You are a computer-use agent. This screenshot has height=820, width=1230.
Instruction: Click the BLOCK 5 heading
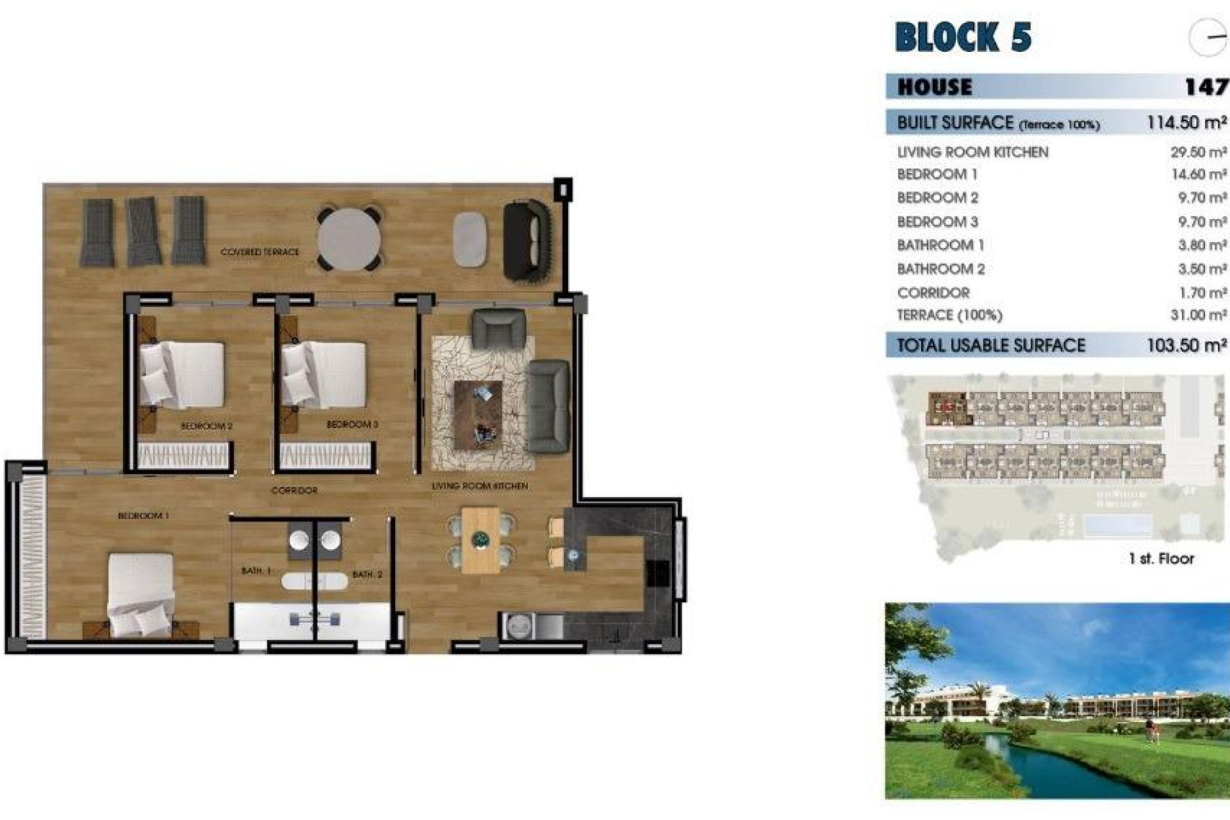point(963,37)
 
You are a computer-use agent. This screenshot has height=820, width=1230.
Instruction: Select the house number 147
point(1206,86)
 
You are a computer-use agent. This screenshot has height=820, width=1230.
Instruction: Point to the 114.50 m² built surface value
point(1186,122)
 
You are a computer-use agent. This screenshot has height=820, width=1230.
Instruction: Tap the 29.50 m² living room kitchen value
point(1198,152)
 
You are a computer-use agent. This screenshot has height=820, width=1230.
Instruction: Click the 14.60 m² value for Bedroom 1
point(1198,174)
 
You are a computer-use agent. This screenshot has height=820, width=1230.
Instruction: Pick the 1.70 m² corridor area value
point(1202,293)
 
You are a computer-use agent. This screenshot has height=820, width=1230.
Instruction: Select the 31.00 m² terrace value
point(1198,315)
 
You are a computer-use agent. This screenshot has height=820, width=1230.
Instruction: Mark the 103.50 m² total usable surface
point(1186,345)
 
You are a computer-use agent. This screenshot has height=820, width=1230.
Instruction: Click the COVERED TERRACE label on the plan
point(259,252)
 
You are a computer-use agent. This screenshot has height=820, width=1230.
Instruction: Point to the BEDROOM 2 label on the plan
point(206,426)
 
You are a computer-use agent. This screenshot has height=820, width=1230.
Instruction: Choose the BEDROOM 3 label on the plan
point(352,425)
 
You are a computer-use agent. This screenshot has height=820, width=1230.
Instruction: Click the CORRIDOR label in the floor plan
point(294,491)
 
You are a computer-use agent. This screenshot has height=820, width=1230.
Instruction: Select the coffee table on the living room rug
point(478,409)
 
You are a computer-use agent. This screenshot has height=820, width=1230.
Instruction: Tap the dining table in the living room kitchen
point(480,540)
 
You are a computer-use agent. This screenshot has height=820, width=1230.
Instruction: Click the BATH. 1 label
point(256,571)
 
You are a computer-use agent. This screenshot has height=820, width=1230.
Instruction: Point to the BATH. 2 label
point(367,575)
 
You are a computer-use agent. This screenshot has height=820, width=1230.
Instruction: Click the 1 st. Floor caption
point(1161,559)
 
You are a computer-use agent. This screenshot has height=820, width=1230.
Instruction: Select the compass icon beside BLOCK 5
point(1208,37)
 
